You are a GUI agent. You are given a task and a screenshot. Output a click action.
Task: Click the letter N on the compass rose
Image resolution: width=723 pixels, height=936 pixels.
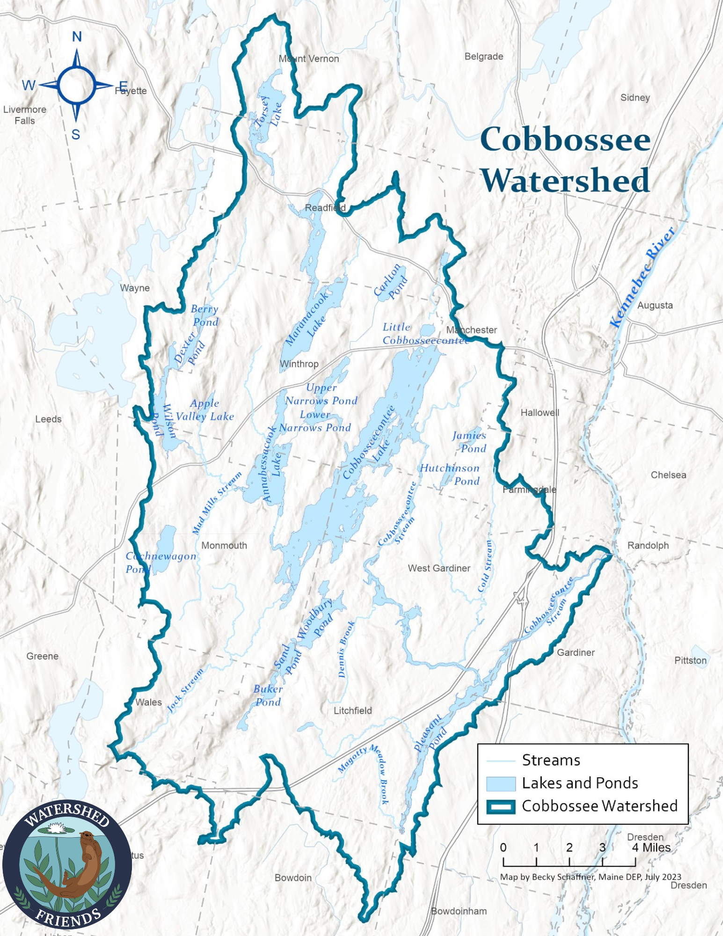pyautogui.click(x=77, y=37)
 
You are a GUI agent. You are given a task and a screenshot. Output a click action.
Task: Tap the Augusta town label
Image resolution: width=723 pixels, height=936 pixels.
pyautogui.click(x=655, y=306)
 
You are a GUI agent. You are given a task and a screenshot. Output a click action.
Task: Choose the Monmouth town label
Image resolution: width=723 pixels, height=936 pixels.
pyautogui.click(x=224, y=546)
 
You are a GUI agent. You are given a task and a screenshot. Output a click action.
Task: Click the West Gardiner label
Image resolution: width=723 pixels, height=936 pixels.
pyautogui.click(x=439, y=568)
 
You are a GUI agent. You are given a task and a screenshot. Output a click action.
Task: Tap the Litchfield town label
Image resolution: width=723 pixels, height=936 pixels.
pyautogui.click(x=353, y=710)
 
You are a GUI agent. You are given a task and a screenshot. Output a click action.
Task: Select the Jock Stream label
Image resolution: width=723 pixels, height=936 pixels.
pyautogui.click(x=185, y=691)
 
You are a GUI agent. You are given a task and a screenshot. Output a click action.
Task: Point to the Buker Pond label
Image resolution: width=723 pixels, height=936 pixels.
pyautogui.click(x=268, y=695)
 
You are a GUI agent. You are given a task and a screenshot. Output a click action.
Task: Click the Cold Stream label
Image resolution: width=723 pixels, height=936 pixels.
pyautogui.click(x=485, y=566)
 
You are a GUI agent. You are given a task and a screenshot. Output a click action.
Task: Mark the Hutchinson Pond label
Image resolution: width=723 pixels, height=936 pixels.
pyautogui.click(x=450, y=475)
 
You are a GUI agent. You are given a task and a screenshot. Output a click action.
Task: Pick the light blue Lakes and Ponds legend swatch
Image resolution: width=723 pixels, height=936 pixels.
pyautogui.click(x=501, y=783)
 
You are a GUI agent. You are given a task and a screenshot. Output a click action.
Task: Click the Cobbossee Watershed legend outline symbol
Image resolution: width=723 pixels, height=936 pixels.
pyautogui.click(x=501, y=806)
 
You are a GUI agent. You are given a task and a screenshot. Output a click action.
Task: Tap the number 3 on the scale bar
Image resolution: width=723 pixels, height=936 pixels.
pyautogui.click(x=602, y=848)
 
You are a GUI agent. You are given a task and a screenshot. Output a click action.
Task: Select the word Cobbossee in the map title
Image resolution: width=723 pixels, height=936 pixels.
pyautogui.click(x=565, y=139)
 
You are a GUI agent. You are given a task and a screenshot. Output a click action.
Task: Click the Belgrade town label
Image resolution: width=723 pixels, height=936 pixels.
pyautogui.click(x=484, y=57)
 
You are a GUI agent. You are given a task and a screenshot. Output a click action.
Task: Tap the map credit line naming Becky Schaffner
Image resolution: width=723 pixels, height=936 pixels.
pyautogui.click(x=591, y=877)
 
